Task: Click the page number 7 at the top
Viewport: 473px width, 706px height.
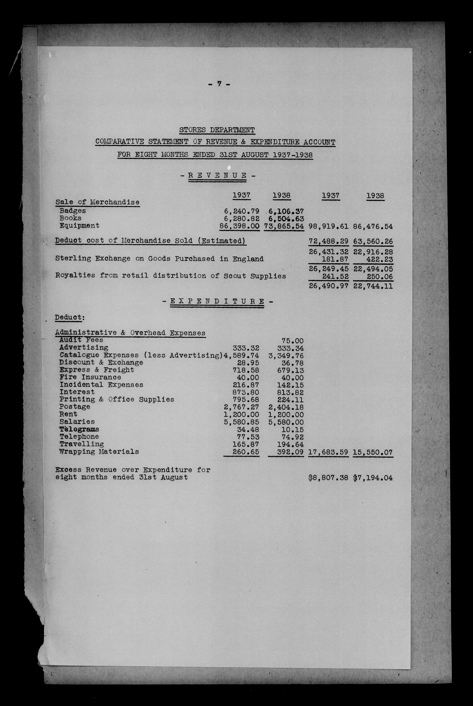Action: (219, 84)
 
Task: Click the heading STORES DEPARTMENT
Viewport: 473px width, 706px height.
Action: (217, 130)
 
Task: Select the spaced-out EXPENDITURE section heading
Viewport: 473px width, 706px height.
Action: (217, 301)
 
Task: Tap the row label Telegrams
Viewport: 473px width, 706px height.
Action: (79, 429)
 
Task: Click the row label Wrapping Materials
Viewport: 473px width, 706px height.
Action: (99, 451)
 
